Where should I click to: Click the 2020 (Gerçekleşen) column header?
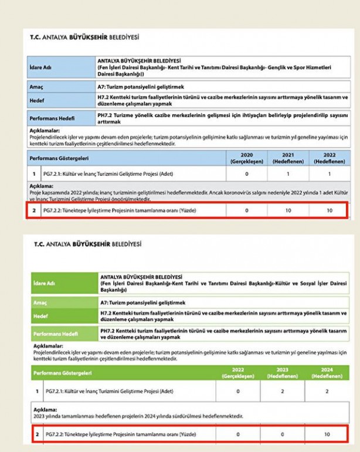[x=246, y=158]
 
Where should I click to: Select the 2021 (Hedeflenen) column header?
[x=287, y=158]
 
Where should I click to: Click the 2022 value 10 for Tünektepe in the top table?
[x=328, y=210]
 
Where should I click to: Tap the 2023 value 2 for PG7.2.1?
[x=287, y=391]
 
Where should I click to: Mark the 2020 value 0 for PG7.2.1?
[x=246, y=174]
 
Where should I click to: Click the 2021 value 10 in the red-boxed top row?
[x=287, y=210]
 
